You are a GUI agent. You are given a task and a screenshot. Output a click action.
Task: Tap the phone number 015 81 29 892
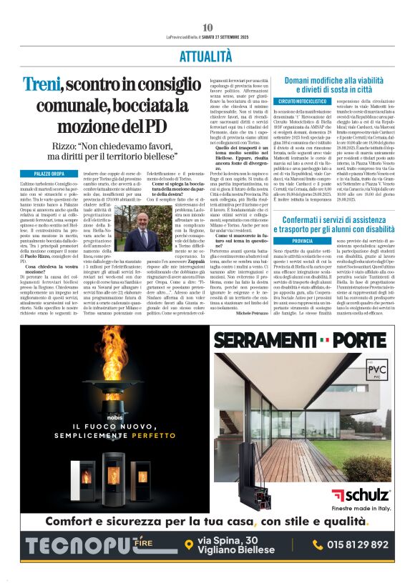click(358, 544)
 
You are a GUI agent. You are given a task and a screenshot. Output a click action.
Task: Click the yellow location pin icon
click(188, 545)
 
